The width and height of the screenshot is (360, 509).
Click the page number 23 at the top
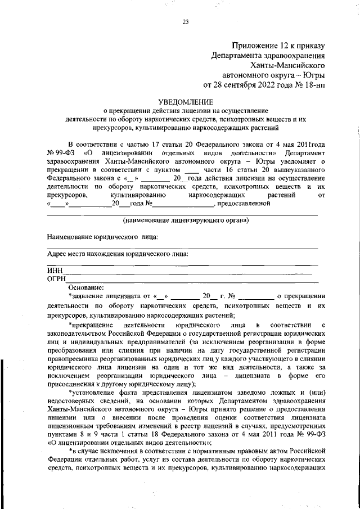pyautogui.click(x=185, y=22)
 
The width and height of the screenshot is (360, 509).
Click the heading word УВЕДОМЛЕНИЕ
pyautogui.click(x=186, y=102)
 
